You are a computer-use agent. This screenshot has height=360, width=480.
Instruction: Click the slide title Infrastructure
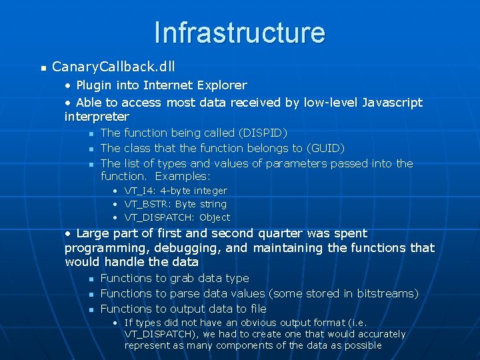[x=239, y=32]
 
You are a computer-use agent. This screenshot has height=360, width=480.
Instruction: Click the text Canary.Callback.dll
[x=113, y=67]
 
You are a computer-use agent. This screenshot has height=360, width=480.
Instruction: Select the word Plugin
[x=94, y=85]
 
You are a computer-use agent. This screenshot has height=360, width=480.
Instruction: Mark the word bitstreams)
[x=387, y=293]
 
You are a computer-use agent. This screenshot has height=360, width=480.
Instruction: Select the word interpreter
[x=97, y=117]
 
